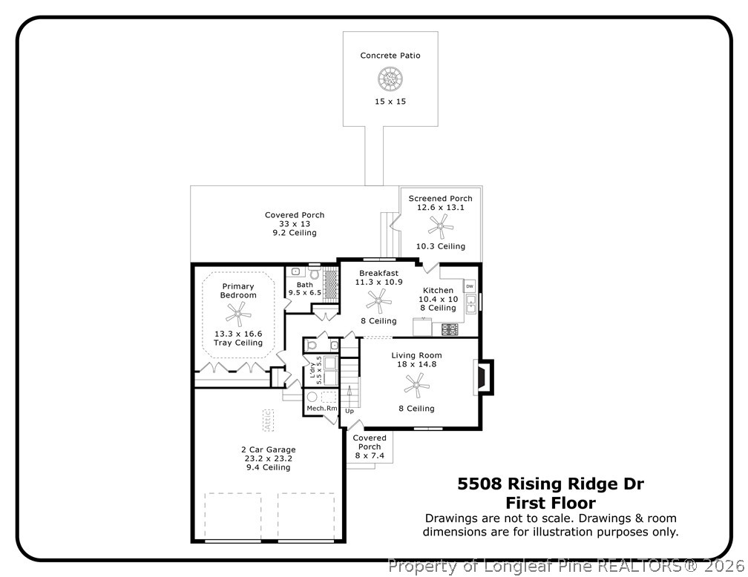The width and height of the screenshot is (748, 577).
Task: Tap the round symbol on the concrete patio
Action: (389, 78)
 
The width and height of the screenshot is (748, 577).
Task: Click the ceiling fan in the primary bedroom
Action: (238, 314)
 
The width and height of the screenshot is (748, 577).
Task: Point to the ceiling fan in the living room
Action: (416, 384)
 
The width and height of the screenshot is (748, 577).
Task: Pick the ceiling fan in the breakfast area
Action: (378, 300)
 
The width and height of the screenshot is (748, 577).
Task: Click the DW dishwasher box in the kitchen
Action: (470, 286)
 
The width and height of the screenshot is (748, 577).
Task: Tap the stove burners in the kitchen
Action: (450, 329)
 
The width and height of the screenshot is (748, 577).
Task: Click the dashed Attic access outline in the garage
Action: (268, 421)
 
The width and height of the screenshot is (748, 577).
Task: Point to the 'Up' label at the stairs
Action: (349, 411)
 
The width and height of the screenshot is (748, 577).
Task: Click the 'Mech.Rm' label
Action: (321, 409)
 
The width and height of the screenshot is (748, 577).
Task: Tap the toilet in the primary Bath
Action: (313, 274)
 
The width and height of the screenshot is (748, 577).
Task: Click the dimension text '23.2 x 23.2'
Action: (269, 458)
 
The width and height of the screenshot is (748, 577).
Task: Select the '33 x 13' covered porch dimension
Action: (294, 224)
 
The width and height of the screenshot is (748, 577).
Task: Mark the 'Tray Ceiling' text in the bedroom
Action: (238, 343)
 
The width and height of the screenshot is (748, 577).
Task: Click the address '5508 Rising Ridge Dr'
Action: (550, 484)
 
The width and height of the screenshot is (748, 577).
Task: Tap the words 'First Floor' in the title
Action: (550, 503)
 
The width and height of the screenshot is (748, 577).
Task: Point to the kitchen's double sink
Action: (471, 303)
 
